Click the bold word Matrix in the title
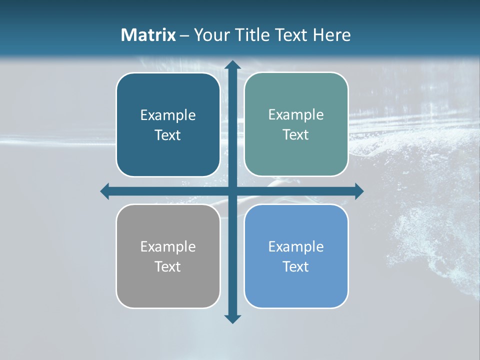click(x=148, y=35)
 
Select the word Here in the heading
click(x=332, y=35)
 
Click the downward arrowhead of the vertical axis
click(x=232, y=318)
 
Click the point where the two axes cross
click(x=232, y=191)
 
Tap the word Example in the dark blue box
click(x=168, y=115)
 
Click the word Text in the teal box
click(x=296, y=135)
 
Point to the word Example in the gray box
click(x=168, y=247)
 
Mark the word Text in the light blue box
click(x=296, y=266)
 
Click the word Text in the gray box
click(x=168, y=266)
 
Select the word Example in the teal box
click(x=296, y=115)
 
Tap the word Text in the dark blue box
click(x=168, y=135)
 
